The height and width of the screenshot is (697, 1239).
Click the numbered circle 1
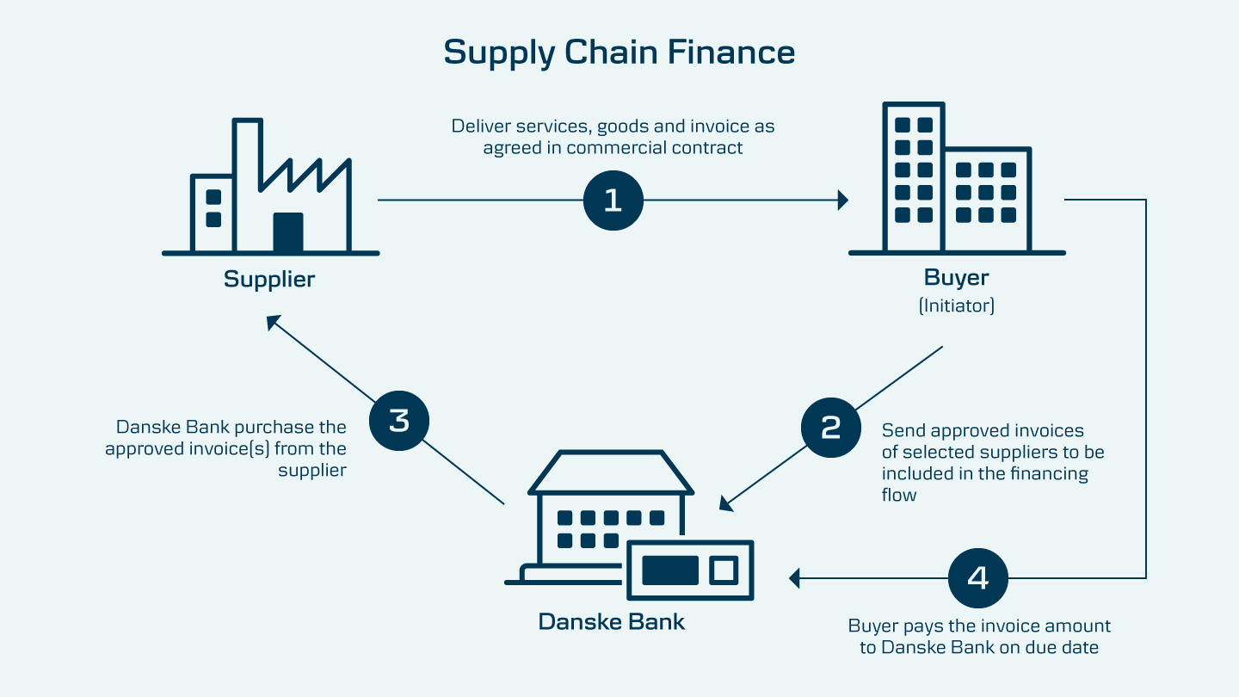coord(613,200)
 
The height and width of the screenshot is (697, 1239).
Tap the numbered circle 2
coord(830,428)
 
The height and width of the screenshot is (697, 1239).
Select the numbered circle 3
coord(398,422)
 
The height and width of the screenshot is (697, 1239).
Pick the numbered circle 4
coord(977,578)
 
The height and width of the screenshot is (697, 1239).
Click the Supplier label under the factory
coord(269,280)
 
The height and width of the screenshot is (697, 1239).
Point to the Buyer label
coord(956,278)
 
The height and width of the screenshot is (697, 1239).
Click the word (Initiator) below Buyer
coord(956,305)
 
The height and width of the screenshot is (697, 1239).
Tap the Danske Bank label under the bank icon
coord(612,621)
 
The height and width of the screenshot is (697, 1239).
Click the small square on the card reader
coord(723,570)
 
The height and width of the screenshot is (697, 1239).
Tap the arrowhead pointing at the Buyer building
coord(844,200)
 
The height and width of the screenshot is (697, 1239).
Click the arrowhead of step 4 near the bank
coord(794,578)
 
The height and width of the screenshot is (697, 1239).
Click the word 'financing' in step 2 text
coord(1047,473)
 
